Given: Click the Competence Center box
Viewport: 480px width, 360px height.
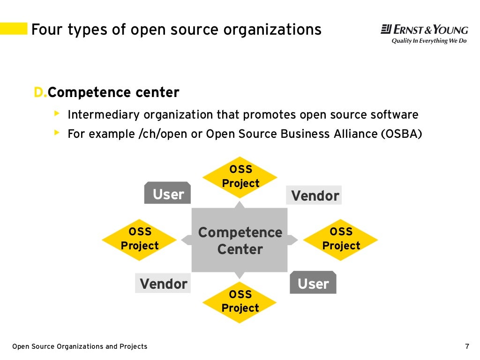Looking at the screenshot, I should tap(240, 240).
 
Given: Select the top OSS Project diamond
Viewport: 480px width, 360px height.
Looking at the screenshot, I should tap(240, 177).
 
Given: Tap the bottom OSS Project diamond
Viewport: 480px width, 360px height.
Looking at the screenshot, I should tap(240, 302).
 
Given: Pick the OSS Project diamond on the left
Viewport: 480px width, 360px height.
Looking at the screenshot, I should tap(139, 240).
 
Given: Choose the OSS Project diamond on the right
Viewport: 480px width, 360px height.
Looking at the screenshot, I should tap(340, 240).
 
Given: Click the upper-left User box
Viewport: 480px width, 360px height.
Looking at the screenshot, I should tap(167, 194).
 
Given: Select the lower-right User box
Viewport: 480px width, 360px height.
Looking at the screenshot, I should tap(313, 283).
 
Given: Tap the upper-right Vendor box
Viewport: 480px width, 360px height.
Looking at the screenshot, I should tap(314, 195).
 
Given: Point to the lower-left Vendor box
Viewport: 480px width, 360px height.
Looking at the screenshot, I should tap(163, 284).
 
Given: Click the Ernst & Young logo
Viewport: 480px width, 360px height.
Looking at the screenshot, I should tap(424, 30).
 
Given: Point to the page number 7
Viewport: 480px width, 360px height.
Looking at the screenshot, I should tap(467, 346).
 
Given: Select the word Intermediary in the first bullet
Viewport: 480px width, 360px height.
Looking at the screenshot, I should tap(104, 115).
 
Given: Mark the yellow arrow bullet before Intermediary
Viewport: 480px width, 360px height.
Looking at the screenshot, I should tap(57, 113).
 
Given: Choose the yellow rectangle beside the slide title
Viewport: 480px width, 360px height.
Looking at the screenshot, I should tap(13, 29).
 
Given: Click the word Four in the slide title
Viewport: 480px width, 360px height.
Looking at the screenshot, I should tap(47, 30).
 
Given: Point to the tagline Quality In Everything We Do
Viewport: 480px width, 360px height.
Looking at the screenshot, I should tap(429, 41).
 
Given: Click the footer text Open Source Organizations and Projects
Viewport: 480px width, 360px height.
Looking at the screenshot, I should tap(80, 346).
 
